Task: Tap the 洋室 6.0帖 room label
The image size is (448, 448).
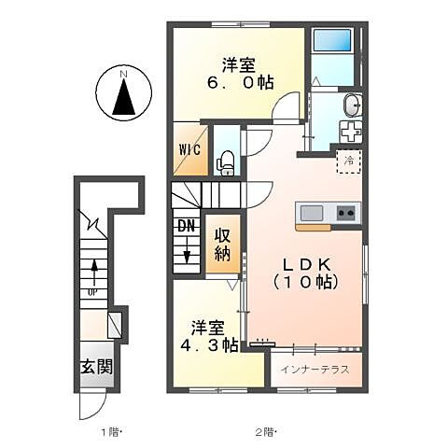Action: (240, 73)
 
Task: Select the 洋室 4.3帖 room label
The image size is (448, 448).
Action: (210, 337)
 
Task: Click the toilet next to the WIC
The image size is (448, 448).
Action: (225, 164)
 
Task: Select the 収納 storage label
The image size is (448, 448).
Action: (222, 245)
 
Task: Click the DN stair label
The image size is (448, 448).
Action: (186, 225)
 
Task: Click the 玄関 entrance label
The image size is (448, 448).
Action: (95, 366)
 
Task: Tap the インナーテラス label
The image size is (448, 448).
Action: (315, 370)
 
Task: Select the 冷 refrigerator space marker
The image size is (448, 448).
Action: (348, 161)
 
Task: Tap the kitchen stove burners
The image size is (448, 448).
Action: (345, 213)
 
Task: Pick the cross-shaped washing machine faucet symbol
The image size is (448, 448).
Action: (349, 132)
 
